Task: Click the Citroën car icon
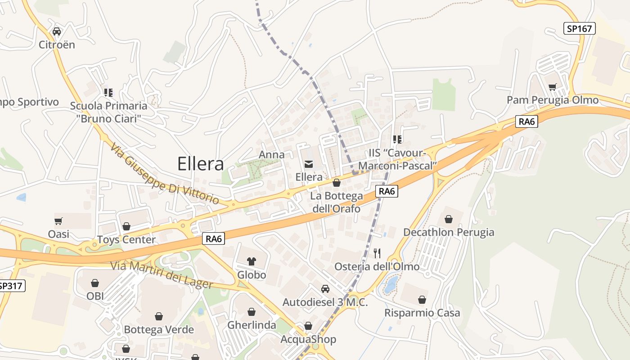[57, 31]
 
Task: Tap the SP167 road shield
[580, 29]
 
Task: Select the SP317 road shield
[11, 286]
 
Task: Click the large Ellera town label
[200, 164]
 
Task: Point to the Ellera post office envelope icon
[309, 164]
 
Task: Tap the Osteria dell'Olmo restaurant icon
[377, 253]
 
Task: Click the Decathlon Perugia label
[448, 232]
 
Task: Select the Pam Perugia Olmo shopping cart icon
[552, 87]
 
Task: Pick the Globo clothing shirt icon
[252, 261]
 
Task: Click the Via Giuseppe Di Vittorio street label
[165, 173]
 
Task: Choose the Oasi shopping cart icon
[58, 221]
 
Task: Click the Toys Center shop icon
[126, 226]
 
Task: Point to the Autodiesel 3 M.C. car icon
[325, 289]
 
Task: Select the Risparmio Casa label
[422, 313]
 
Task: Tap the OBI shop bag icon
[95, 283]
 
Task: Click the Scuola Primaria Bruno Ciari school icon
[108, 93]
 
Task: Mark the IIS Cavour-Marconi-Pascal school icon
[397, 139]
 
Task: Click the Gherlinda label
[252, 325]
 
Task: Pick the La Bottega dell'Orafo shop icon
[336, 183]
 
